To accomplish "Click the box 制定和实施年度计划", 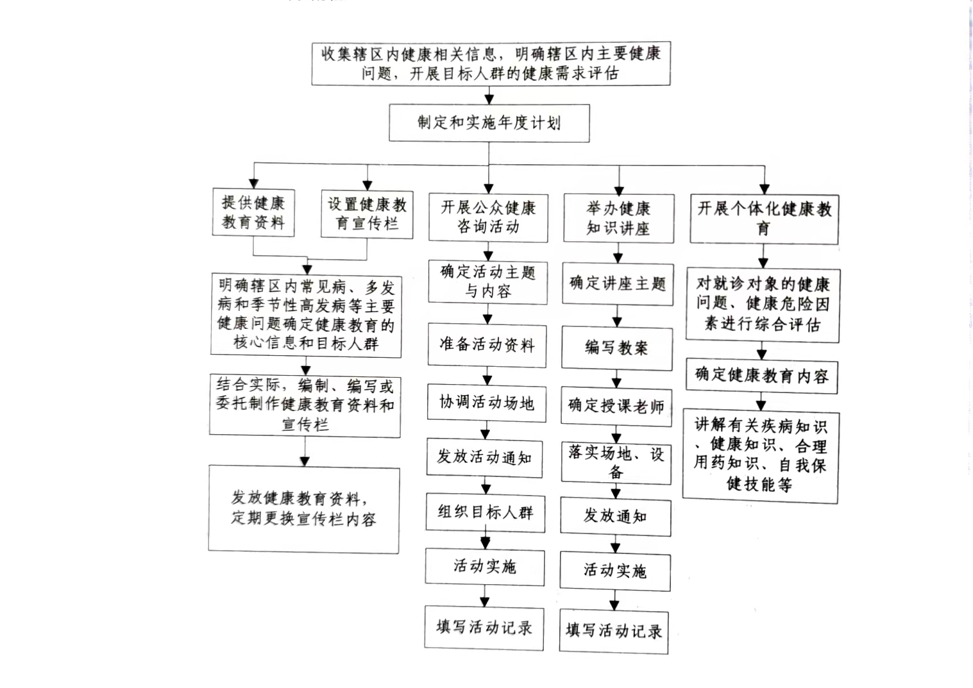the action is click(x=489, y=123).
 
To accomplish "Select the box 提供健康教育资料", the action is click(x=253, y=212).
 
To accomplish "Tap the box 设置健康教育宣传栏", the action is click(x=367, y=214).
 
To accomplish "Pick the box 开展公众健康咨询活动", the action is click(x=488, y=217).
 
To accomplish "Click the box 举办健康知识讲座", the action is click(x=619, y=219).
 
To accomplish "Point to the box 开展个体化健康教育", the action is click(x=765, y=219).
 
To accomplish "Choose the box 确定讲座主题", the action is click(x=618, y=284).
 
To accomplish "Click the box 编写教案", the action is click(x=617, y=348).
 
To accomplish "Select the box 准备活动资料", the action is click(x=487, y=346).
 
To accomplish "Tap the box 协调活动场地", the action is click(x=486, y=403).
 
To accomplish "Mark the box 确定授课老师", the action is click(x=616, y=406).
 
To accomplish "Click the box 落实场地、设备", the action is click(x=616, y=463).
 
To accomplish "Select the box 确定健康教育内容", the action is click(x=762, y=376).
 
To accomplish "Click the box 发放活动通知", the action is click(x=484, y=458).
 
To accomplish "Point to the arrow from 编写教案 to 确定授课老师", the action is click(x=616, y=379).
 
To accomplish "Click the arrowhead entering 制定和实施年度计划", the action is click(x=489, y=99).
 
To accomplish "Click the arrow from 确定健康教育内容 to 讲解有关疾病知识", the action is click(x=761, y=402).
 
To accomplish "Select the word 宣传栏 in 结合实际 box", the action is click(x=305, y=424).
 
